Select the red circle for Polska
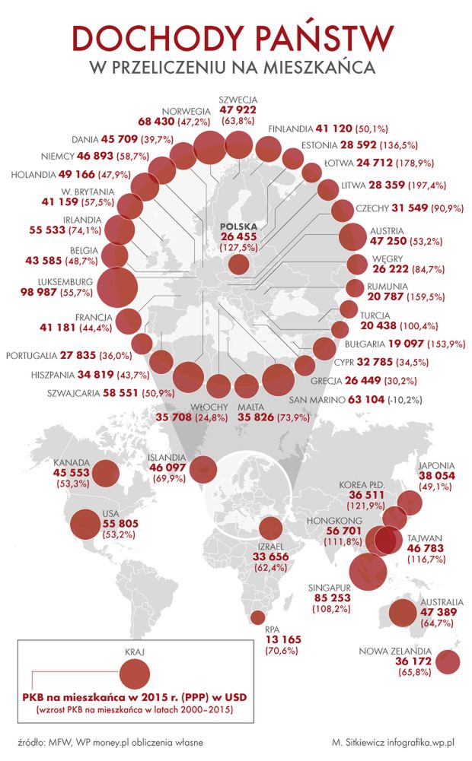[238, 265]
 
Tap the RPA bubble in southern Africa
[258, 617]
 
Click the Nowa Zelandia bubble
[448, 662]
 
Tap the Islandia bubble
[203, 468]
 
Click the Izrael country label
[272, 546]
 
